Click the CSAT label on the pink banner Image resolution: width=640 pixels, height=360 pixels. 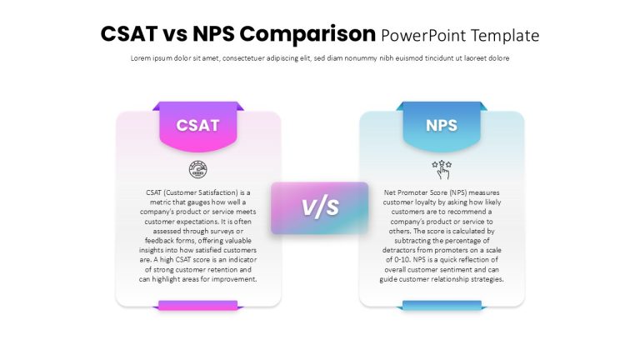point(198,125)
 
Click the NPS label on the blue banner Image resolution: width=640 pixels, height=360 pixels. point(441,125)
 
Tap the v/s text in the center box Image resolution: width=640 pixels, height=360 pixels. point(320,207)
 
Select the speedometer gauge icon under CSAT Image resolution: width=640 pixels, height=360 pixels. point(198,169)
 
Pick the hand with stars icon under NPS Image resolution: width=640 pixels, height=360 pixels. point(442,169)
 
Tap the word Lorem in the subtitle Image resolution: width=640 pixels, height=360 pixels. point(140,58)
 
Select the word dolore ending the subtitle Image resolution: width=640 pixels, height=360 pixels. point(499,58)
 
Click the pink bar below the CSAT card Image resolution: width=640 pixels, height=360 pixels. point(198,305)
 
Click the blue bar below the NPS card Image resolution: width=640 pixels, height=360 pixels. point(442,305)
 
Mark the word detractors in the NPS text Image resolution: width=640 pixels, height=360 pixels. point(399,250)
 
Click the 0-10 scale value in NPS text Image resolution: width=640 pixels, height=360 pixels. point(402,260)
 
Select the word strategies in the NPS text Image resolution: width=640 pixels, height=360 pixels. point(487,280)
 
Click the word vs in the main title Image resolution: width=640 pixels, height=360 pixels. point(176,34)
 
